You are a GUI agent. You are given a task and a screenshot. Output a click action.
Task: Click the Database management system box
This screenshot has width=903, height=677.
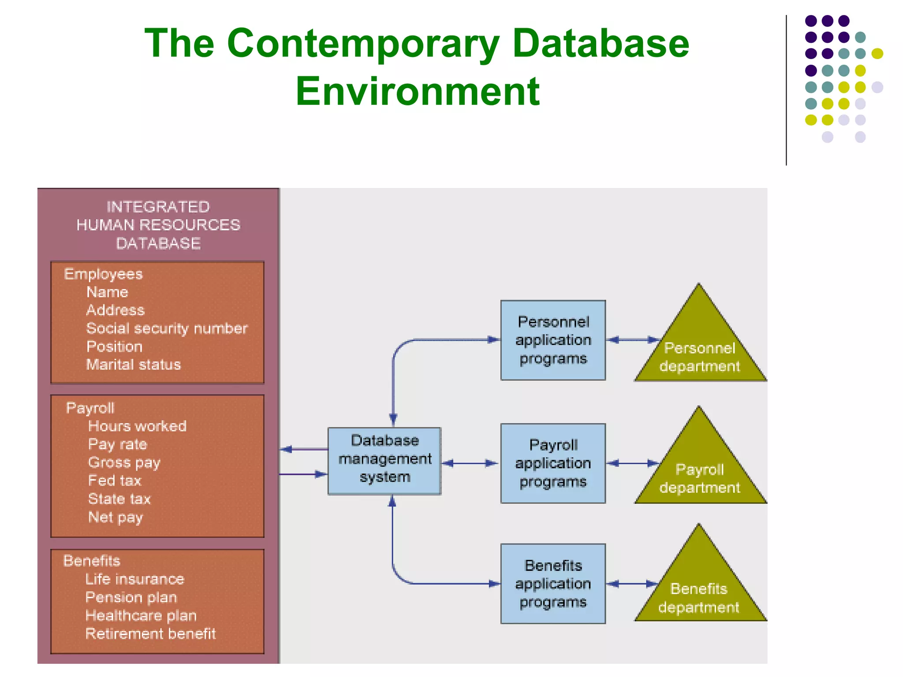point(384,461)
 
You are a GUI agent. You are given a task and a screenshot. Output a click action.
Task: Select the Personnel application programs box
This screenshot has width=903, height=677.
point(553,340)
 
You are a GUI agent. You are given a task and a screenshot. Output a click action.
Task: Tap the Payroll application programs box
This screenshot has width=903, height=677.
point(553,463)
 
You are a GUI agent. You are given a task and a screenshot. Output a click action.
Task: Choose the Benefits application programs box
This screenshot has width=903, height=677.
point(553,584)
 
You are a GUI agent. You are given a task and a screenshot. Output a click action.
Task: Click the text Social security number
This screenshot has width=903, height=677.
point(167,328)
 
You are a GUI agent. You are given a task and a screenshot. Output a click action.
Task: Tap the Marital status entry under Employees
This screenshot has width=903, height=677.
point(133,365)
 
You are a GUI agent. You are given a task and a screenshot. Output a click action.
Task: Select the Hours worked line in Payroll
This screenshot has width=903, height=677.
point(137,426)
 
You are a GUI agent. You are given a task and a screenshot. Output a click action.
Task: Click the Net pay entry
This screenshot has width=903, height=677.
point(115,517)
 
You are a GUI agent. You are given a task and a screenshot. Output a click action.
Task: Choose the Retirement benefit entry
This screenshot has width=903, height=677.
point(150,634)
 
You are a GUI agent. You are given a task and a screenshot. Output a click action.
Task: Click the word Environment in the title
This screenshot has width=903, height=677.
point(417,91)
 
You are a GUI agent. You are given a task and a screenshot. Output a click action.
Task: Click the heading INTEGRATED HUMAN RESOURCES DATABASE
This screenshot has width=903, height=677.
point(158,225)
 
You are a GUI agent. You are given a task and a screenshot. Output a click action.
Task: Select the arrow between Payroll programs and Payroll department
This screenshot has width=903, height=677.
point(632,463)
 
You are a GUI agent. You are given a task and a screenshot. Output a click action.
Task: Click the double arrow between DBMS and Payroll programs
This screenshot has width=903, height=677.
point(470,463)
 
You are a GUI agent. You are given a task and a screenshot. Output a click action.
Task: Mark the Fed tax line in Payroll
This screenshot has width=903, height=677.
point(115,480)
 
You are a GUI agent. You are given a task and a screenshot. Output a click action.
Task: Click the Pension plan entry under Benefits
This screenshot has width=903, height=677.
point(131,597)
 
